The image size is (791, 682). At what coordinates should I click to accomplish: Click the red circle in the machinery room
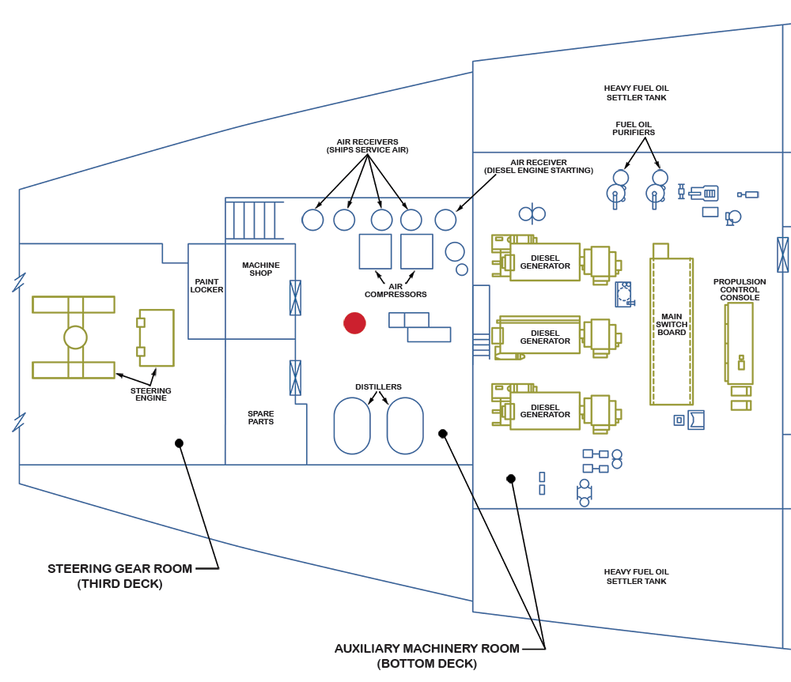[354, 322]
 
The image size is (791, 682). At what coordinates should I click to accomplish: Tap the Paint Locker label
[206, 286]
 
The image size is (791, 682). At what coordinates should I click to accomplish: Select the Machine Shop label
[261, 269]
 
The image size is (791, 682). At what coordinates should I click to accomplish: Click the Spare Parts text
[260, 417]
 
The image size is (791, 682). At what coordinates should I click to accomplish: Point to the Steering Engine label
[151, 394]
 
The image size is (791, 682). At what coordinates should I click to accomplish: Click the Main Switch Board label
[672, 325]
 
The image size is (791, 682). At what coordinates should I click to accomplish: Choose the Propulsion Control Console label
[740, 289]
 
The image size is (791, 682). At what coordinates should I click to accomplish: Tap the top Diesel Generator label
[545, 262]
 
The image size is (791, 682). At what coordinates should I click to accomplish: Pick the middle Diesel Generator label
[545, 337]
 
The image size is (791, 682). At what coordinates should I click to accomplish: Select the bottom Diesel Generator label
[545, 411]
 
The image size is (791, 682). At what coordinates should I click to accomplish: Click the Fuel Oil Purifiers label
[634, 128]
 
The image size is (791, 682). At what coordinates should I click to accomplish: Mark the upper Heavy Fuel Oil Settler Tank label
[636, 93]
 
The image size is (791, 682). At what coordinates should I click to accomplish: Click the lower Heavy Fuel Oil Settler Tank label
[636, 576]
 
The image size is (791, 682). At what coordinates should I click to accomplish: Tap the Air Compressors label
[395, 291]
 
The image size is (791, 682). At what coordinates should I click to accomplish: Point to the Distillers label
[378, 387]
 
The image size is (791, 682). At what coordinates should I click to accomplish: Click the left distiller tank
[352, 425]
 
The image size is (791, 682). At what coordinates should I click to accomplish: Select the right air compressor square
[417, 251]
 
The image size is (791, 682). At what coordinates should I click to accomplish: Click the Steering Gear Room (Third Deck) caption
[120, 576]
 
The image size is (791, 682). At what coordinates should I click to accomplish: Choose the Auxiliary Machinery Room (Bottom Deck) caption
[427, 656]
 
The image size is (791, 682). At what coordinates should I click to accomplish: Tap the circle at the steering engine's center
[75, 337]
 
